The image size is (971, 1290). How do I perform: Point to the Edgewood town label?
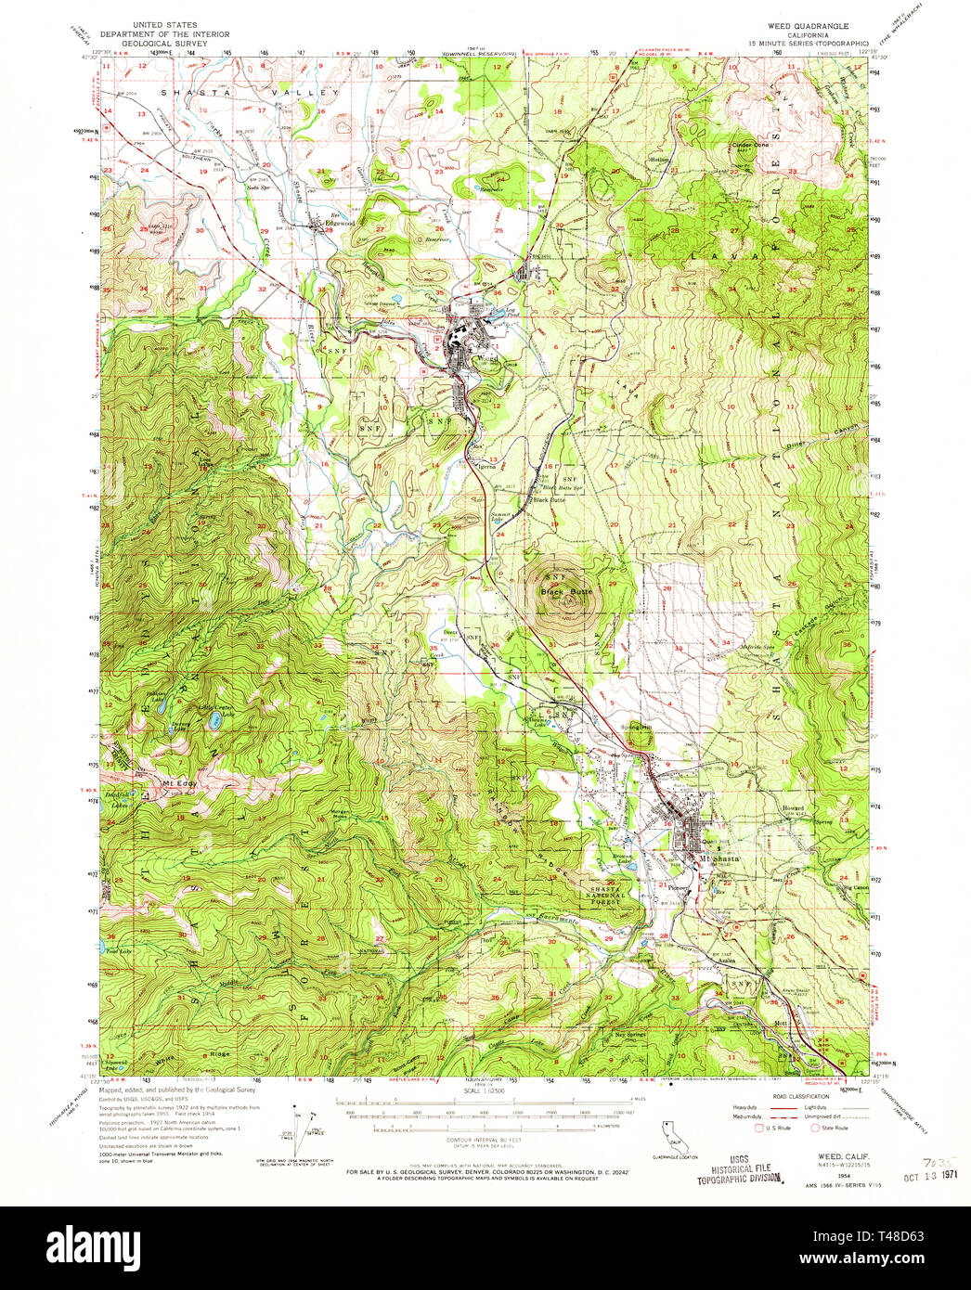tap(338, 224)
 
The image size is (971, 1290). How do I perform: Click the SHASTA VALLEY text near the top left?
tap(251, 93)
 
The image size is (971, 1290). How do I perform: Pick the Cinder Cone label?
tap(750, 145)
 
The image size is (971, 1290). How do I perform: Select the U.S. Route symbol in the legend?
tap(760, 1128)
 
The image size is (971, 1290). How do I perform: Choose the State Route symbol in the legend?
tap(817, 1128)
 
